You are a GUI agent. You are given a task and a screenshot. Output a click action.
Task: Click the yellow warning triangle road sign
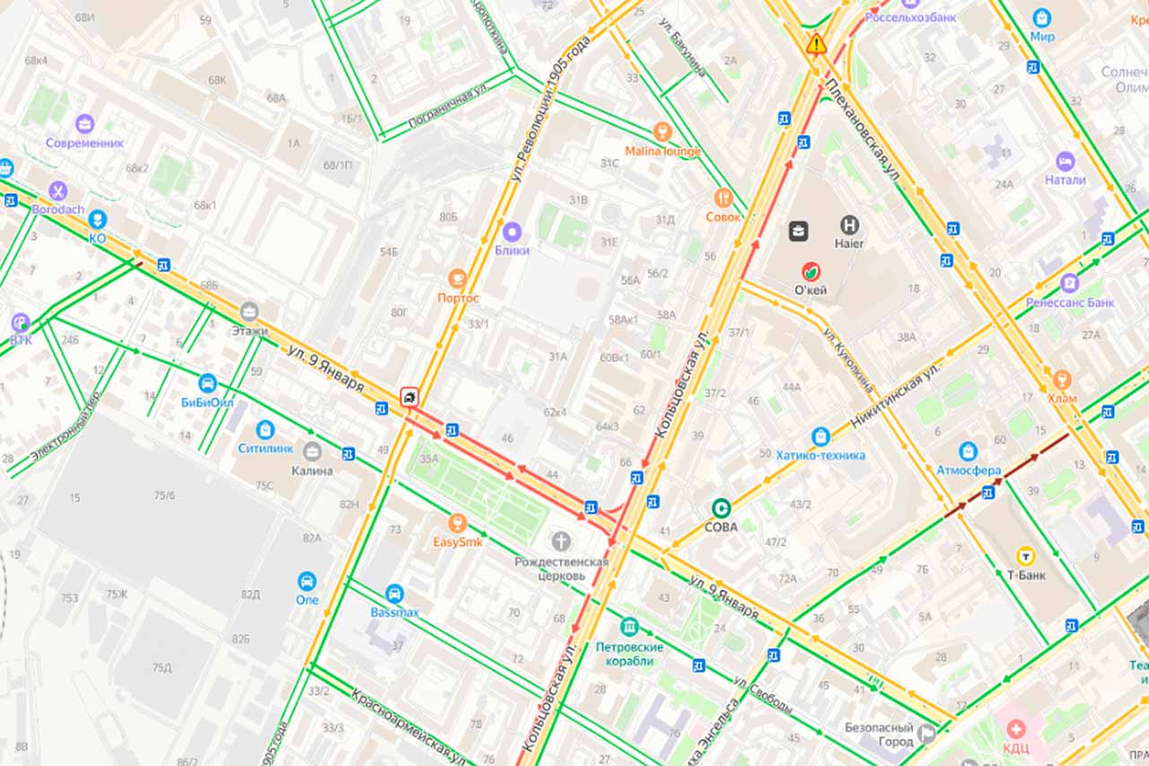pyautogui.click(x=816, y=43)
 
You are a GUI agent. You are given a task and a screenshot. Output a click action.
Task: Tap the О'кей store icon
pyautogui.click(x=811, y=270)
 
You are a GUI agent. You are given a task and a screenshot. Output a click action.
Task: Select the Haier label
pyautogui.click(x=849, y=243)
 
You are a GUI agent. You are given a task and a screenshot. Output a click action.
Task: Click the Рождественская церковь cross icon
pyautogui.click(x=562, y=541)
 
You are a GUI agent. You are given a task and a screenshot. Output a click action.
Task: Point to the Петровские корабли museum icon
pyautogui.click(x=629, y=627)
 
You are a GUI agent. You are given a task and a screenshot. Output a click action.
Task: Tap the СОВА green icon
pyautogui.click(x=721, y=508)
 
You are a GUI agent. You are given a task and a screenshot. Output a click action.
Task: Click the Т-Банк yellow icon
pyautogui.click(x=1025, y=557)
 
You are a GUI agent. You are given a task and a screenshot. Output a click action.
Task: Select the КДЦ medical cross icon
pyautogui.click(x=1016, y=728)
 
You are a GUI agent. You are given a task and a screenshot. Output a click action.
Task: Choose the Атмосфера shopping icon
pyautogui.click(x=968, y=451)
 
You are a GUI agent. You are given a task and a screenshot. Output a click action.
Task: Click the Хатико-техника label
pyautogui.click(x=820, y=455)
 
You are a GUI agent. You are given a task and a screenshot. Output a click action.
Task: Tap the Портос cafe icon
pyautogui.click(x=458, y=278)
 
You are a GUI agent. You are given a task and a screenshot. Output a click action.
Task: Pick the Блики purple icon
pyautogui.click(x=512, y=232)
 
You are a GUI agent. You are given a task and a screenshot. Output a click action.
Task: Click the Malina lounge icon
pyautogui.click(x=662, y=132)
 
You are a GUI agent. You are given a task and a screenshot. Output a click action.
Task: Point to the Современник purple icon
pyautogui.click(x=85, y=124)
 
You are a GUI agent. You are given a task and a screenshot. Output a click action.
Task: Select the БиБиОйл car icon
pyautogui.click(x=207, y=383)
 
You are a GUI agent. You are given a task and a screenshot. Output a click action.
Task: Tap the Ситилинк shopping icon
pyautogui.click(x=265, y=430)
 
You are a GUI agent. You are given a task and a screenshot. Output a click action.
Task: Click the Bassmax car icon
pyautogui.click(x=394, y=594)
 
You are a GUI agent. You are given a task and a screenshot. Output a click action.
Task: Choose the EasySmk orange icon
pyautogui.click(x=458, y=524)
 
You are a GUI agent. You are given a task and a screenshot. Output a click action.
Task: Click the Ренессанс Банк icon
pyautogui.click(x=1069, y=284)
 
